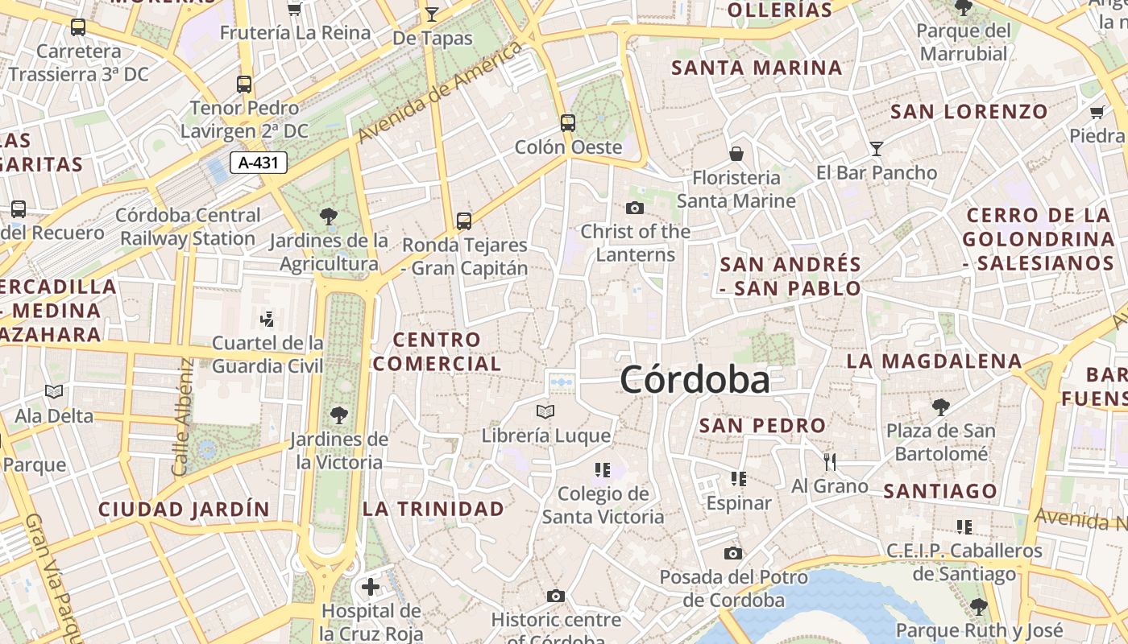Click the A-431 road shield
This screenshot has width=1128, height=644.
pyautogui.click(x=259, y=163)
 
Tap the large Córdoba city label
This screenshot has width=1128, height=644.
pyautogui.click(x=695, y=380)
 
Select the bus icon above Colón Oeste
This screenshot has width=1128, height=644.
pyautogui.click(x=568, y=123)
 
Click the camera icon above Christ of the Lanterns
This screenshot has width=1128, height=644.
pyautogui.click(x=635, y=208)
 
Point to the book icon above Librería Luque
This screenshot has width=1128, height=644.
pyautogui.click(x=545, y=412)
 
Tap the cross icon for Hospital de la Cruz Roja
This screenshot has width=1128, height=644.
pyautogui.click(x=371, y=587)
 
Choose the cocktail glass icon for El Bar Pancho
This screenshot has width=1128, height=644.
pyautogui.click(x=877, y=148)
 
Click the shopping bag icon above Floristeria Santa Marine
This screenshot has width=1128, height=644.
pyautogui.click(x=736, y=154)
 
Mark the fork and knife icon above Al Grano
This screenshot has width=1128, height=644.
pyautogui.click(x=830, y=462)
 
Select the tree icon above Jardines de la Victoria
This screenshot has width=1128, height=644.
pyautogui.click(x=339, y=415)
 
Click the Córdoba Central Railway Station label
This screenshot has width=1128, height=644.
pyautogui.click(x=188, y=227)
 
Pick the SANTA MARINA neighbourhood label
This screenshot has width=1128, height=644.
pyautogui.click(x=757, y=68)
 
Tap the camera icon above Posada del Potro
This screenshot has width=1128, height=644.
pyautogui.click(x=733, y=553)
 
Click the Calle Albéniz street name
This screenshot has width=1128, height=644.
pyautogui.click(x=182, y=416)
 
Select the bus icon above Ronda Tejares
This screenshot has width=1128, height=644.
pyautogui.click(x=464, y=221)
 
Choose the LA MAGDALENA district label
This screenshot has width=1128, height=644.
pyautogui.click(x=934, y=361)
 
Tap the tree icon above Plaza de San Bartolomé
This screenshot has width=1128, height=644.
pyautogui.click(x=940, y=407)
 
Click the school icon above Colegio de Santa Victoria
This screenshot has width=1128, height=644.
pyautogui.click(x=602, y=469)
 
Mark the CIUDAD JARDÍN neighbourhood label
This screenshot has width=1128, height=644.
pyautogui.click(x=184, y=510)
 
